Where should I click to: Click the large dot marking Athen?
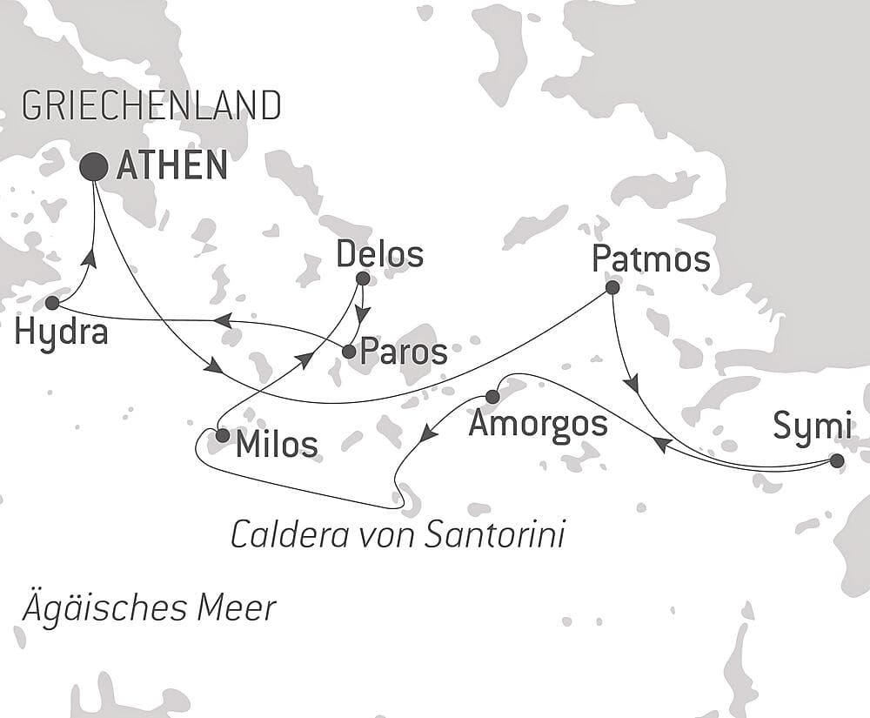pos(94,165)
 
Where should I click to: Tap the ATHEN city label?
pos(171,165)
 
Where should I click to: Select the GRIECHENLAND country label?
pos(151,106)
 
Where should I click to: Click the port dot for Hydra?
pos(52,303)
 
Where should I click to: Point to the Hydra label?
pos(61,332)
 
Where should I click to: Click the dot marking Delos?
pos(363,279)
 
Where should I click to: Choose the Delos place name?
pos(379,255)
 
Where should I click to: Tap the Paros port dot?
pos(349,352)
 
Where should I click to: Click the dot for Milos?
pos(223,434)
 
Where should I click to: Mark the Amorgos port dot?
pos(492,397)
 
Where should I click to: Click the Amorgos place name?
pos(537,424)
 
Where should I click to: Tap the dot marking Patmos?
pos(612,287)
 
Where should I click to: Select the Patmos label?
pos(651,258)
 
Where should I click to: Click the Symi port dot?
pos(837,460)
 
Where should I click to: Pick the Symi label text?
pos(811,428)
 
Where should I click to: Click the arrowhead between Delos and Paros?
pos(363,315)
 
